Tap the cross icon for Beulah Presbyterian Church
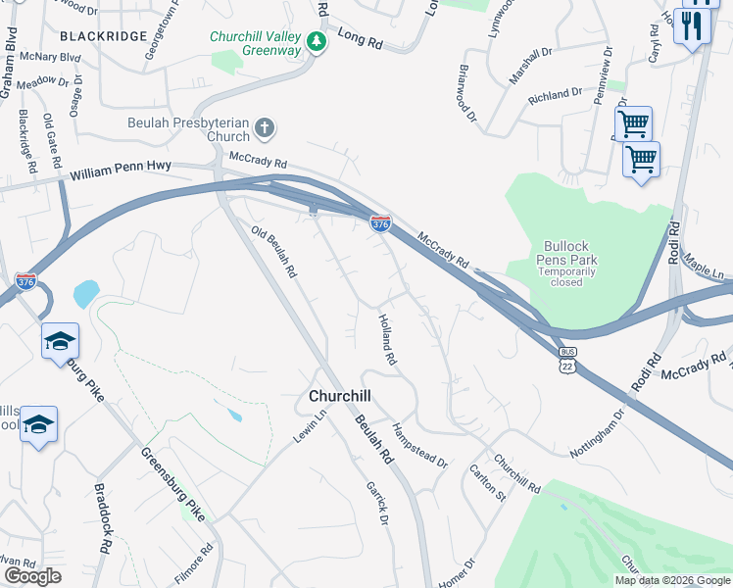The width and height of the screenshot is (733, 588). pos(264,128)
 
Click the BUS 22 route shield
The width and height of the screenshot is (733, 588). pos(567,357)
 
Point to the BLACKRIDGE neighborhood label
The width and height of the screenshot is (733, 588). pos(104,36)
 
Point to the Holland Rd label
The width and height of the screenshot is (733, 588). pos(388,340)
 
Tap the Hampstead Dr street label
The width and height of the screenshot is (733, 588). pos(419,445)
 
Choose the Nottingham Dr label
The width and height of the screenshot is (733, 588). pos(597,438)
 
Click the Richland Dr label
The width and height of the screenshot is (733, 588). pos(555,96)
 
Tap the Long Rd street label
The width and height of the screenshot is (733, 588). pos(358,38)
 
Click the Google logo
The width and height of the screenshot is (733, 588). pos(32,576)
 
